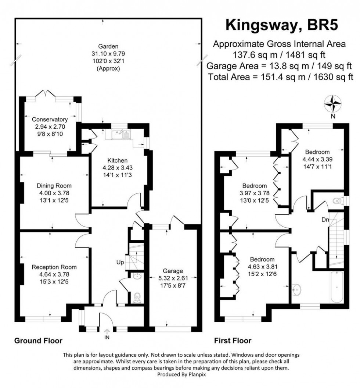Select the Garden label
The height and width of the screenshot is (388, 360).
click(108, 47)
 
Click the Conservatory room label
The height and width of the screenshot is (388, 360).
click(50, 120)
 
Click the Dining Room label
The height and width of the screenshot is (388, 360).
click(54, 185)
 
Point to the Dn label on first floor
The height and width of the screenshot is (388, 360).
click(325, 220)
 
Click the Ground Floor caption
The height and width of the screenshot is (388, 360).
click(38, 341)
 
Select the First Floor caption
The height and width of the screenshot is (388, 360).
click(233, 341)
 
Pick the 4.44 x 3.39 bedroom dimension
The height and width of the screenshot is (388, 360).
click(316, 160)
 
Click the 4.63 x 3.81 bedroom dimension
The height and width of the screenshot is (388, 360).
click(262, 266)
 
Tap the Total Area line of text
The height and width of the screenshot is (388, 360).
click(280, 77)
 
